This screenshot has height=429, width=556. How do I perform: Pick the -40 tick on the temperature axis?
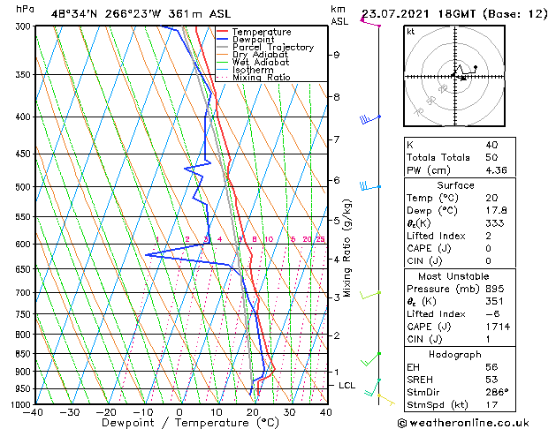34,411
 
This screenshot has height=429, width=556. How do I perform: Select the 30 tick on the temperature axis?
289,411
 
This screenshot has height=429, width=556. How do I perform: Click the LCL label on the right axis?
347,386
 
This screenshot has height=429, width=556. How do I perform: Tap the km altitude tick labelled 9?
336,55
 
